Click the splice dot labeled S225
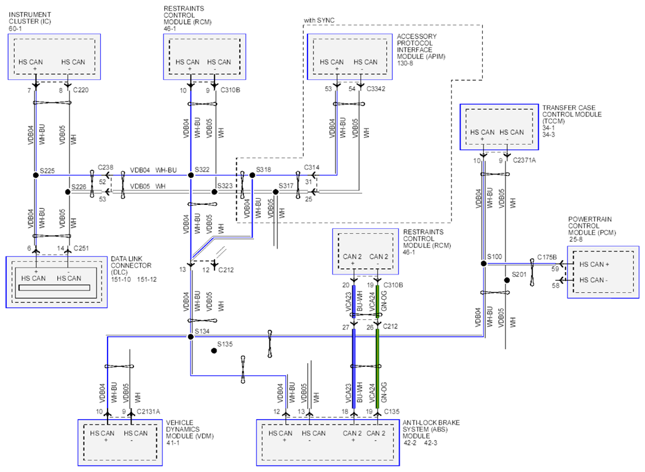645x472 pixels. click(36, 175)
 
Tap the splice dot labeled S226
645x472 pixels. click(68, 192)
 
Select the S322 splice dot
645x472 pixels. click(191, 175)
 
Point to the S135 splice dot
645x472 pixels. click(214, 351)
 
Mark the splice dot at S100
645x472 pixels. click(484, 263)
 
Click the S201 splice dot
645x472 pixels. click(507, 280)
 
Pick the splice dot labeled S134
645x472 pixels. click(191, 337)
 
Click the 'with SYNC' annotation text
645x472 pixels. click(319, 20)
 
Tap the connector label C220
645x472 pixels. click(81, 90)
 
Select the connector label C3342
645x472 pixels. click(376, 89)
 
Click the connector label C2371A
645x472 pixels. click(524, 160)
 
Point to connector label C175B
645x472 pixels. click(547, 257)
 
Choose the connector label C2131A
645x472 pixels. click(148, 412)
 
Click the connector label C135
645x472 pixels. click(392, 412)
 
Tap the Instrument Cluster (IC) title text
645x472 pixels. click(30, 18)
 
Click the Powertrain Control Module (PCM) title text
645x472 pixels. click(592, 226)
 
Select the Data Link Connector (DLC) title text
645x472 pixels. click(131, 265)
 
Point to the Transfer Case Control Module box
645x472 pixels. click(499, 127)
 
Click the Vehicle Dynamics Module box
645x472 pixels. click(120, 442)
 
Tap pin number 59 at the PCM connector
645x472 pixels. click(555, 269)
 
